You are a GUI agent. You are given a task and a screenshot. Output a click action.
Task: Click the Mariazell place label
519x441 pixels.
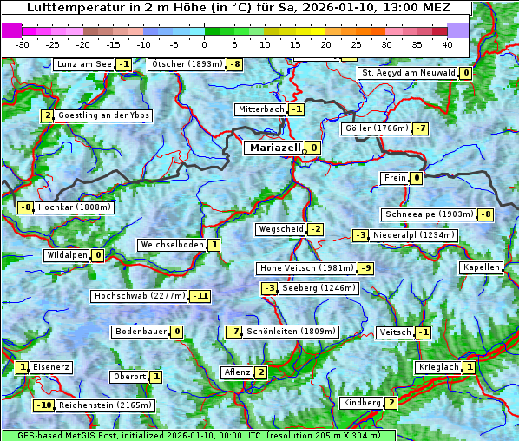coord(274,148)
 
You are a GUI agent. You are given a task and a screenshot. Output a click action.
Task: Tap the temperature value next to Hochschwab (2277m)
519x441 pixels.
coord(200,296)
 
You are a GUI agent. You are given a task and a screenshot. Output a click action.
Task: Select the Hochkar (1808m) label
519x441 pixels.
coord(74,207)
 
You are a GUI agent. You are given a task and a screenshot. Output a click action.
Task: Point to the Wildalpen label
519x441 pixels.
coord(67,255)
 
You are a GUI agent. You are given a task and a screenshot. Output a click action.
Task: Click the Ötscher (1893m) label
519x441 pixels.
coord(186,64)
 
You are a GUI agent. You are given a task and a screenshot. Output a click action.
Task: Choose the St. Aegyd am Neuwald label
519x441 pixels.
coord(407,73)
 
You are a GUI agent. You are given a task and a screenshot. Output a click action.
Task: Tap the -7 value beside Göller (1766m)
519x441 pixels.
coord(420,128)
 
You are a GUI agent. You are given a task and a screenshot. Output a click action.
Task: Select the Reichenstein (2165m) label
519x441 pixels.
coord(106,405)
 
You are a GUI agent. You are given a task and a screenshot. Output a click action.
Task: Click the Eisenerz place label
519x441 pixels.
coord(52,367)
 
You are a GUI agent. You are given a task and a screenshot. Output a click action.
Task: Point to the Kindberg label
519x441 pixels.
coord(362,403)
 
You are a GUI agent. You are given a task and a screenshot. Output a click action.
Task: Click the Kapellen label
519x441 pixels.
coord(482,267)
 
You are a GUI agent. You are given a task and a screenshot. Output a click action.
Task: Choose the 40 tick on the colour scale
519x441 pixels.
coord(447,43)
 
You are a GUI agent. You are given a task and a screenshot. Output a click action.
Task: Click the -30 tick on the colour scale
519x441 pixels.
coord(23,43)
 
